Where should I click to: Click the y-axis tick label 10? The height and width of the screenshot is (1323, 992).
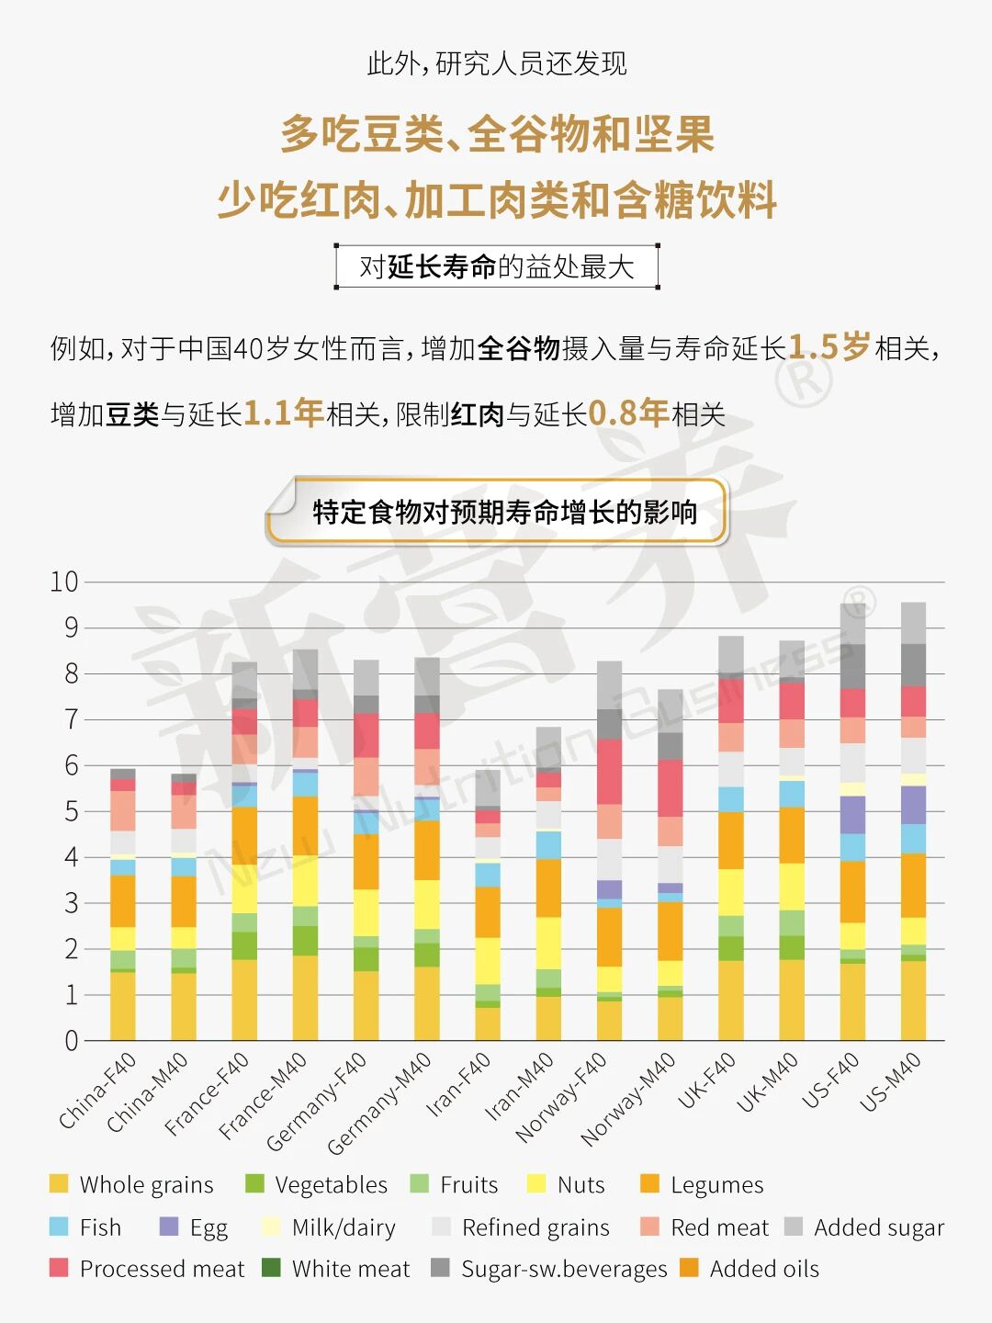point(64,582)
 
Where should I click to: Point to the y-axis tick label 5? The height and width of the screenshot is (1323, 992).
point(71,811)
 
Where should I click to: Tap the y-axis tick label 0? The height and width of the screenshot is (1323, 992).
point(71,1041)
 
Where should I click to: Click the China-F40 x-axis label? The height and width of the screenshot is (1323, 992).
point(97,1091)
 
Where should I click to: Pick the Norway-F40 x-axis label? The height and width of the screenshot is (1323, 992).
point(561,1098)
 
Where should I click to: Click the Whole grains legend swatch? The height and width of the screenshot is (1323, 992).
point(59,1183)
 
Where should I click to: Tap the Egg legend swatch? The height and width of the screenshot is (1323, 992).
point(169,1227)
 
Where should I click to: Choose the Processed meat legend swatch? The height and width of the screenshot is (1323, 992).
point(59,1268)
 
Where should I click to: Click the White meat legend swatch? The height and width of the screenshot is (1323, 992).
point(271,1268)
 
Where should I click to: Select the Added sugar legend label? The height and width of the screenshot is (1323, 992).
point(878,1227)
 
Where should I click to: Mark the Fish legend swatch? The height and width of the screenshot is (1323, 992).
point(59,1227)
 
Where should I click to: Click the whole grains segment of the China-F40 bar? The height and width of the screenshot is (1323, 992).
point(123,1006)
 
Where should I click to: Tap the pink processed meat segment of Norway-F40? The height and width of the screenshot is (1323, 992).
point(609,772)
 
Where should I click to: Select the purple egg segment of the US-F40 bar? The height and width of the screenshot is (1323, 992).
point(852,815)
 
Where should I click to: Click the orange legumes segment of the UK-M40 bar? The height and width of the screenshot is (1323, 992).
point(792,835)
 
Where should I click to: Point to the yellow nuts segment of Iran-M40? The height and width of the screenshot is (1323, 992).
point(548,943)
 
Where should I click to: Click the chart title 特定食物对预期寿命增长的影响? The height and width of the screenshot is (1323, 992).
point(504,512)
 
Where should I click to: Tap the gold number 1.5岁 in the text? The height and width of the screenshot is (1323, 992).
point(829,347)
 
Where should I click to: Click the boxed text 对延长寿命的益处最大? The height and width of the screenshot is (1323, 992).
point(497,266)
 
